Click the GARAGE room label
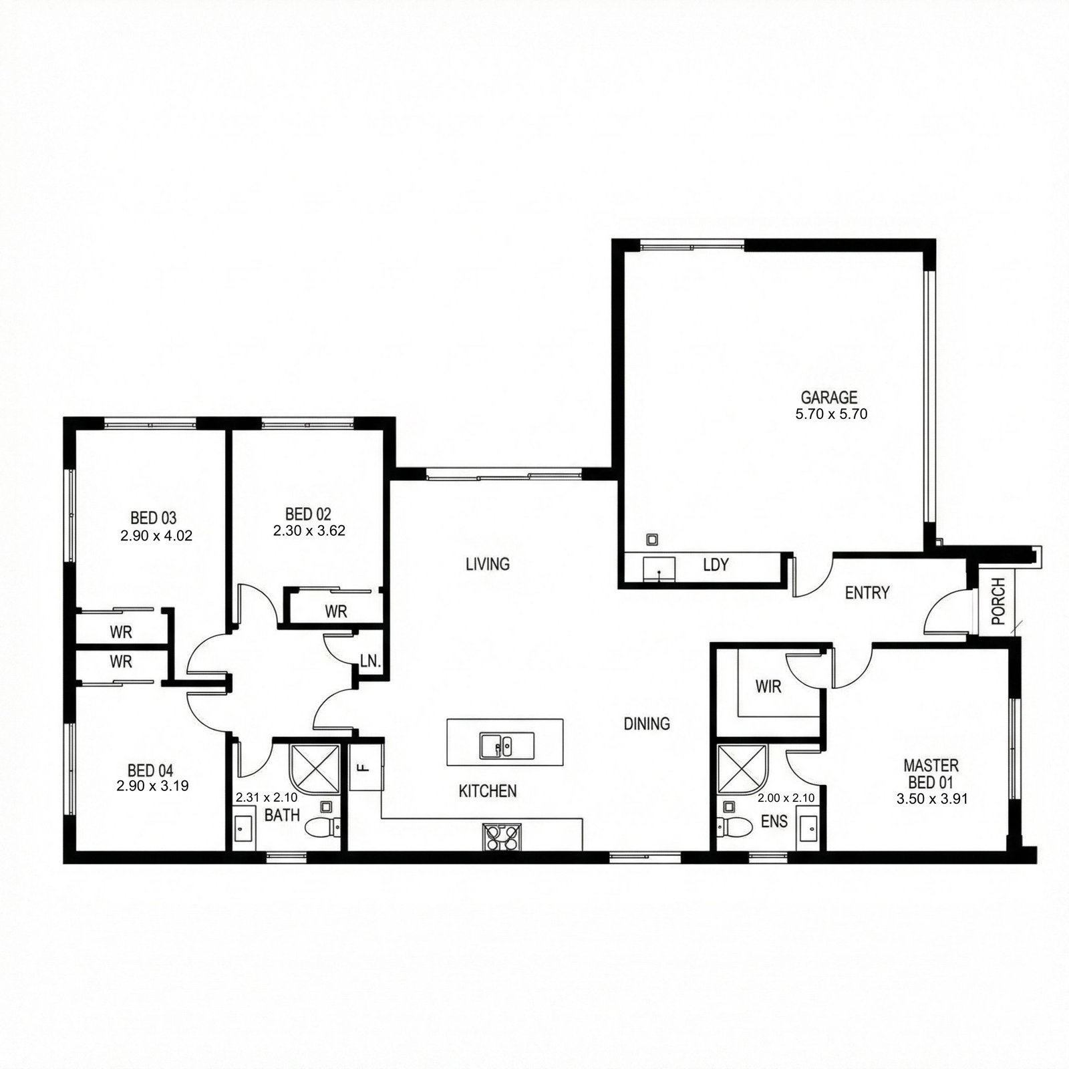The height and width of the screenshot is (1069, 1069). click(x=829, y=398)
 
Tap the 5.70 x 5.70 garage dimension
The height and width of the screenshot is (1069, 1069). click(x=831, y=414)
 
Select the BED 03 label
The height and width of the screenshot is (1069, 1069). click(x=153, y=518)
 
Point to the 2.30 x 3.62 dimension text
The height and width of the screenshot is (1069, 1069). click(x=309, y=531)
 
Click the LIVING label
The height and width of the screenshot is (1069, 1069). click(x=488, y=565)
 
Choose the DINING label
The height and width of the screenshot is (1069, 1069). click(x=647, y=724)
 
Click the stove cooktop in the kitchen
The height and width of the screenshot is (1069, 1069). click(x=502, y=837)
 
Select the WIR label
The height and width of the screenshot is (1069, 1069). click(x=768, y=686)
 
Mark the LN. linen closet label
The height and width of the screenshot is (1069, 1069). click(x=370, y=661)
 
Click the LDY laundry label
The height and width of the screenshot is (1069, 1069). click(x=716, y=565)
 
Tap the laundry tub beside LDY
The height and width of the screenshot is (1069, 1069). click(x=659, y=570)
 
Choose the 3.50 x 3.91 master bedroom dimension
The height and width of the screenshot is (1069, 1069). click(x=931, y=798)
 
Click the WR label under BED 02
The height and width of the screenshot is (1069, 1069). click(x=336, y=611)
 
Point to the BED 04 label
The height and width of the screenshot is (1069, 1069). click(x=150, y=771)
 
